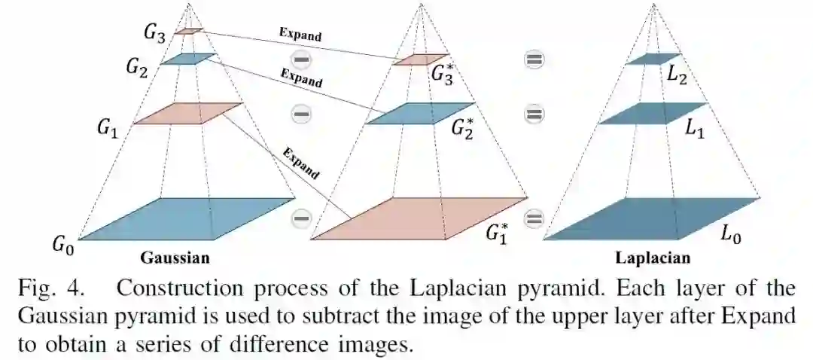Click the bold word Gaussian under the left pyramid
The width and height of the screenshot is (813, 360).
pyautogui.click(x=175, y=258)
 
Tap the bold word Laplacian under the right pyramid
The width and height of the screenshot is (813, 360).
pyautogui.click(x=653, y=258)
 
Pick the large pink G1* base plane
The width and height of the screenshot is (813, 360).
pyautogui.click(x=418, y=218)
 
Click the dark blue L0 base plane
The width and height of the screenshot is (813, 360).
pyautogui.click(x=651, y=218)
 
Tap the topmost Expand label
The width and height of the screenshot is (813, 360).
pyautogui.click(x=300, y=35)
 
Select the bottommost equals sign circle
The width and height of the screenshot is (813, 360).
pyautogui.click(x=534, y=219)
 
